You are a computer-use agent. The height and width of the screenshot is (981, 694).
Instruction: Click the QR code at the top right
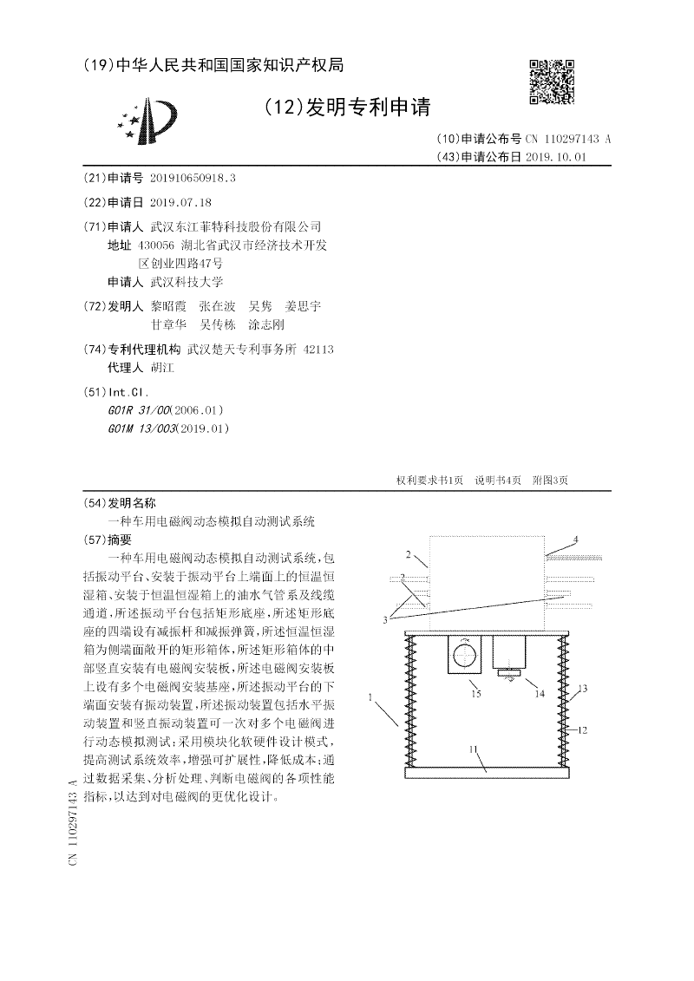pyautogui.click(x=553, y=82)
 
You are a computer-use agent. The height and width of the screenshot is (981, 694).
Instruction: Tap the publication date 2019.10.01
pyautogui.click(x=557, y=157)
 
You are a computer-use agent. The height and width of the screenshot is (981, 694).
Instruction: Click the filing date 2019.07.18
pyautogui.click(x=180, y=202)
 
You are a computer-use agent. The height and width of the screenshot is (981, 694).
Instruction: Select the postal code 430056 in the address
pyautogui.click(x=168, y=245)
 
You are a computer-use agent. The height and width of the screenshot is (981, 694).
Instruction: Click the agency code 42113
pyautogui.click(x=319, y=350)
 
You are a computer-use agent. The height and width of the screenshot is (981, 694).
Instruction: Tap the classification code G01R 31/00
pyautogui.click(x=139, y=410)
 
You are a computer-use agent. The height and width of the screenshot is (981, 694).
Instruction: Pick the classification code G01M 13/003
pyautogui.click(x=142, y=428)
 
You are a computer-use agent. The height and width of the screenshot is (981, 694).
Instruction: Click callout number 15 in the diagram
pyautogui.click(x=475, y=694)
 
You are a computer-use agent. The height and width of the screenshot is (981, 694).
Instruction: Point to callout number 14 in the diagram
pyautogui.click(x=540, y=694)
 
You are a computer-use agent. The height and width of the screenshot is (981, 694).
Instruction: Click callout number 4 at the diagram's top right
pyautogui.click(x=574, y=540)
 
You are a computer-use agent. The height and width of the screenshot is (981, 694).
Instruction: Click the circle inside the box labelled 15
pyautogui.click(x=464, y=652)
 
